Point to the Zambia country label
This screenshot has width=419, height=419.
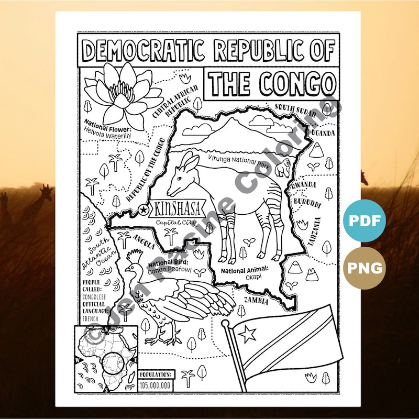point(255,301)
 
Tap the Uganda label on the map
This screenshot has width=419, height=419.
point(323,133)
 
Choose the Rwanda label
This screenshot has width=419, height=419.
point(304,185)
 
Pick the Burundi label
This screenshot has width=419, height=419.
point(306,202)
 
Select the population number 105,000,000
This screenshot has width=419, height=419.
point(156,385)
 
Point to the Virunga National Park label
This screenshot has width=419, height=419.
point(238,157)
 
